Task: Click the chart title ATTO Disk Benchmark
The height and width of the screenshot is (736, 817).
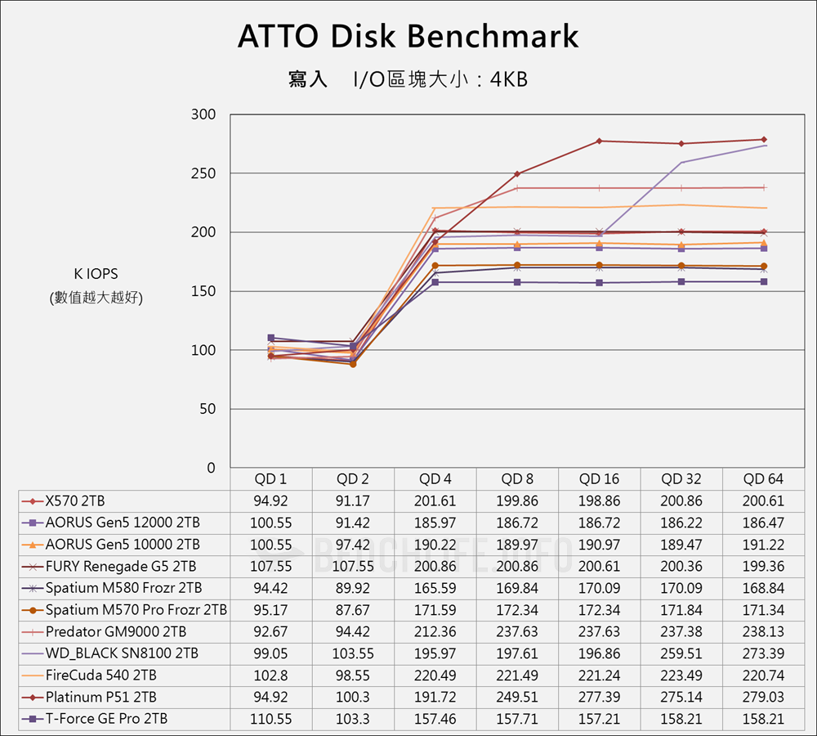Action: pos(408,37)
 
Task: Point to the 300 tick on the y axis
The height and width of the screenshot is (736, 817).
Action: pos(203,114)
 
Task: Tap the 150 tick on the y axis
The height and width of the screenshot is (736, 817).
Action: pos(203,291)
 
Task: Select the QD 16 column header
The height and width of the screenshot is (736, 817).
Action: pos(599,479)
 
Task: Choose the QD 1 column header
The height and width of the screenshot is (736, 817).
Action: pos(271,479)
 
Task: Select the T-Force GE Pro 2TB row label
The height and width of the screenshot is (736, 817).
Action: pos(107,719)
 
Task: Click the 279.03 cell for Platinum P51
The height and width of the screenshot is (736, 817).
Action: pos(763,697)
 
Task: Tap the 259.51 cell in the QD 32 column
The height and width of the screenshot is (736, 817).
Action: pos(681,653)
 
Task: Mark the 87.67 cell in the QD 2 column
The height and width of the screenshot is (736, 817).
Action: pos(353,610)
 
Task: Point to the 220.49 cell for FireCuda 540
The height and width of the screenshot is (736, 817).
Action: pos(435,675)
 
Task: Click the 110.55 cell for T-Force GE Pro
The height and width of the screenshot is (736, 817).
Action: pos(271,719)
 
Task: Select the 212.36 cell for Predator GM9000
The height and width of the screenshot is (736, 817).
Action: pos(435,631)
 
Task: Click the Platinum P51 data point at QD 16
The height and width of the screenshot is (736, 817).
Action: pos(599,141)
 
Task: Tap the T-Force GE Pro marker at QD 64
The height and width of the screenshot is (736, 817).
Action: pos(764,281)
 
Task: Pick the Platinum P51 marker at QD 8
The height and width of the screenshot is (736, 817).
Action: pos(517,173)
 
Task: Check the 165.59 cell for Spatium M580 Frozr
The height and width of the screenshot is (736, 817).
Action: pos(435,588)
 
